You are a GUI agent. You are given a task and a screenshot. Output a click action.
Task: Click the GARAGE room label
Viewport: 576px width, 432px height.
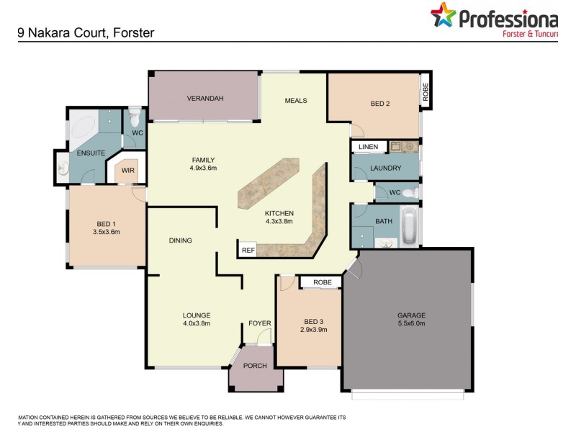pos(411,315)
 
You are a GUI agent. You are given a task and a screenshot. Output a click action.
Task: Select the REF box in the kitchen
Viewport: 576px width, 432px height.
pos(248,250)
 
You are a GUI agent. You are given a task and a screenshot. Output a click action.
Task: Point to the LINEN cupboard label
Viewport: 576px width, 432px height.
pos(368,147)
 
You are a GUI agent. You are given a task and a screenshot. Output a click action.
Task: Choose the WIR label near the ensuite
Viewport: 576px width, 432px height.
pos(127,171)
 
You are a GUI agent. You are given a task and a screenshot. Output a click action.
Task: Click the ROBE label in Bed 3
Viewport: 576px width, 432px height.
pos(323,282)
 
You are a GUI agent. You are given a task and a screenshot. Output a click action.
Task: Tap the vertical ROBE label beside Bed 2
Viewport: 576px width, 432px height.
pos(426,91)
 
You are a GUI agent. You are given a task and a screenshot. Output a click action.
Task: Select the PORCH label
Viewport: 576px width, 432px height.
pos(255,366)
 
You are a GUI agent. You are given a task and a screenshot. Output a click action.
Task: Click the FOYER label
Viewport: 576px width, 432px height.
pos(259,323)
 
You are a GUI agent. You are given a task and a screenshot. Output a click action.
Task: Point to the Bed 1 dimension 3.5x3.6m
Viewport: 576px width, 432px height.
pos(106,232)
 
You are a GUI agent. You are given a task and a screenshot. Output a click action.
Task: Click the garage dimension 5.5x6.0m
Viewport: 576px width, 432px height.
pos(411,324)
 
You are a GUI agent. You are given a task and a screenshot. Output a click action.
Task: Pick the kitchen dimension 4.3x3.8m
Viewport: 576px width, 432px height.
pos(279,222)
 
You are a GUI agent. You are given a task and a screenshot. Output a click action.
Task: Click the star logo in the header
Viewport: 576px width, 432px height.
pos(444,16)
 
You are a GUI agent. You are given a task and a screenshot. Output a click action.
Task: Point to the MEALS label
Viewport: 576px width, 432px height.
pos(296,101)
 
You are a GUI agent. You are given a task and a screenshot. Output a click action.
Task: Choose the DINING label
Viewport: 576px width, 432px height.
pos(180,240)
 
